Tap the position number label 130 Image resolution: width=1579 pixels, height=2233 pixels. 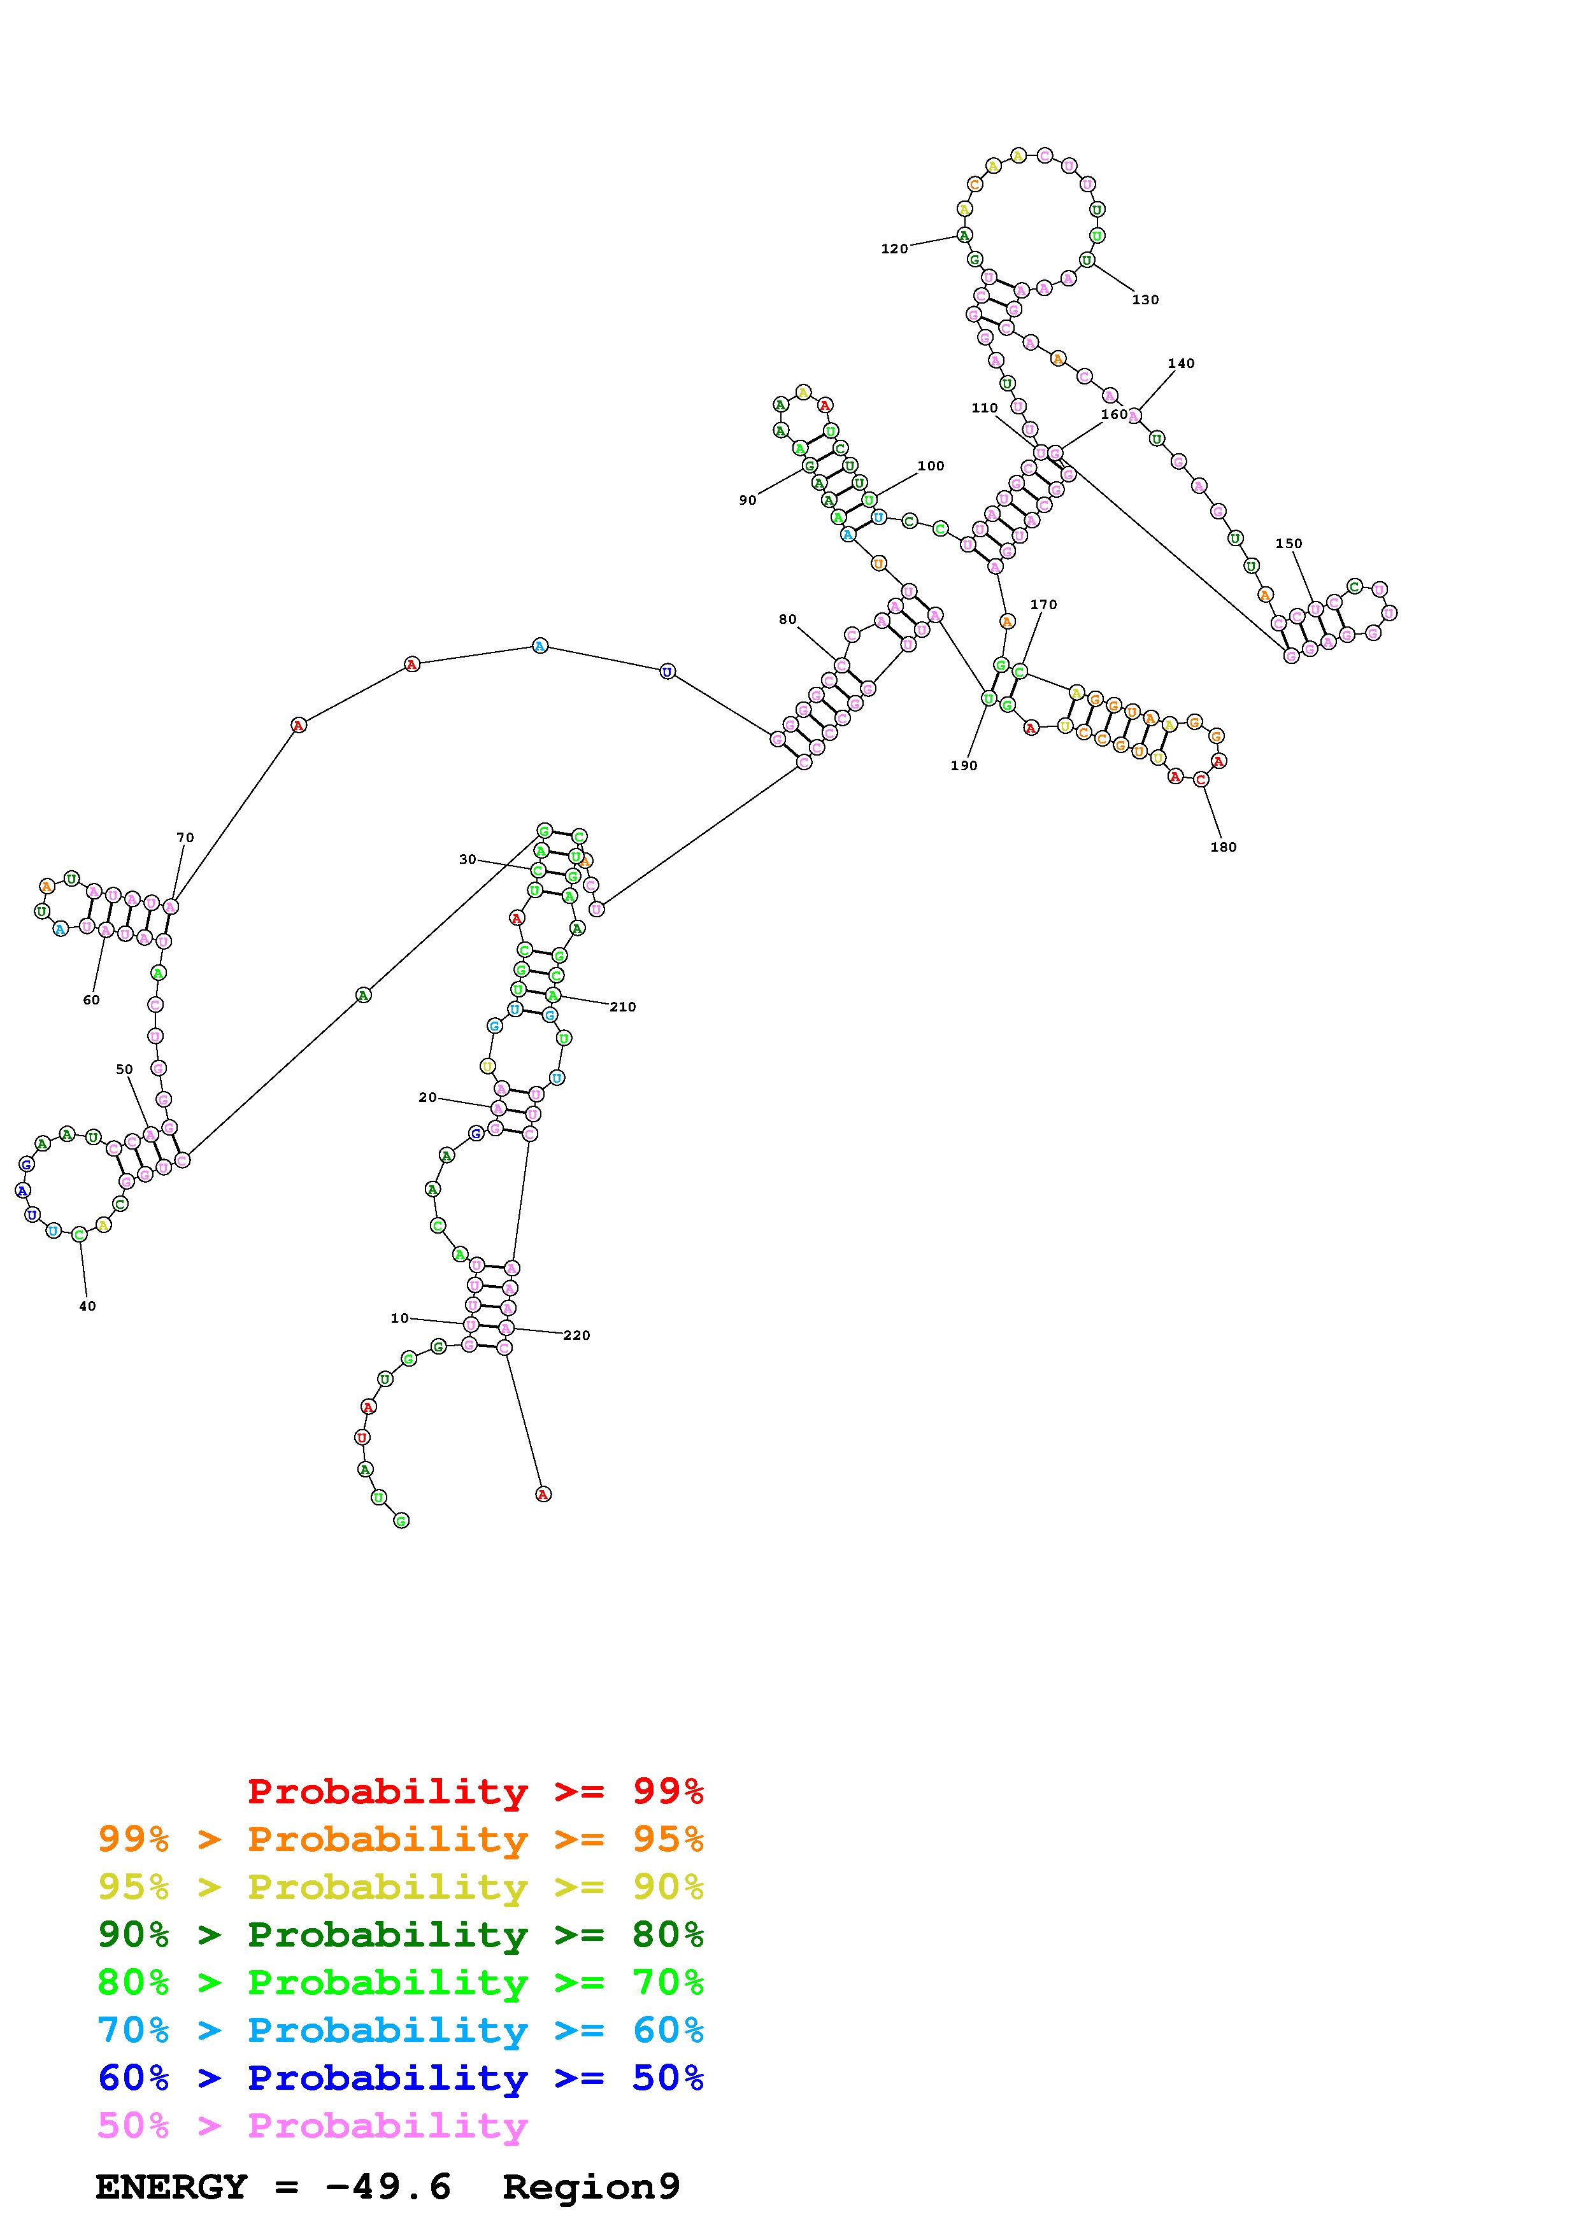(1145, 300)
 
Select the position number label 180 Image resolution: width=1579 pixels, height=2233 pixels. (1223, 847)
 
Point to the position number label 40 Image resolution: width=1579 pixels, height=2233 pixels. (87, 1306)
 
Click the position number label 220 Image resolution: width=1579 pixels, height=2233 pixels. (576, 1335)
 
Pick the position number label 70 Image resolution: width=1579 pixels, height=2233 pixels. (185, 838)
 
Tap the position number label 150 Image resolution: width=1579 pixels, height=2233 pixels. (1288, 544)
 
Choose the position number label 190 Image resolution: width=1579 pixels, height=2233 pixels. (963, 765)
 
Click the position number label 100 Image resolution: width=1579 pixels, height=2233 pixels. (930, 466)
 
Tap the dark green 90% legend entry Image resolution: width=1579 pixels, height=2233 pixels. (400, 1934)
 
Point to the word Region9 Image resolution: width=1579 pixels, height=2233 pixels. (590, 2187)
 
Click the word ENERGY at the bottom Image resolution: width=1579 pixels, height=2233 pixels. (171, 2187)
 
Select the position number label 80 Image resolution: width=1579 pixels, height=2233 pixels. (787, 619)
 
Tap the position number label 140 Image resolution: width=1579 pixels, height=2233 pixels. (1180, 363)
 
